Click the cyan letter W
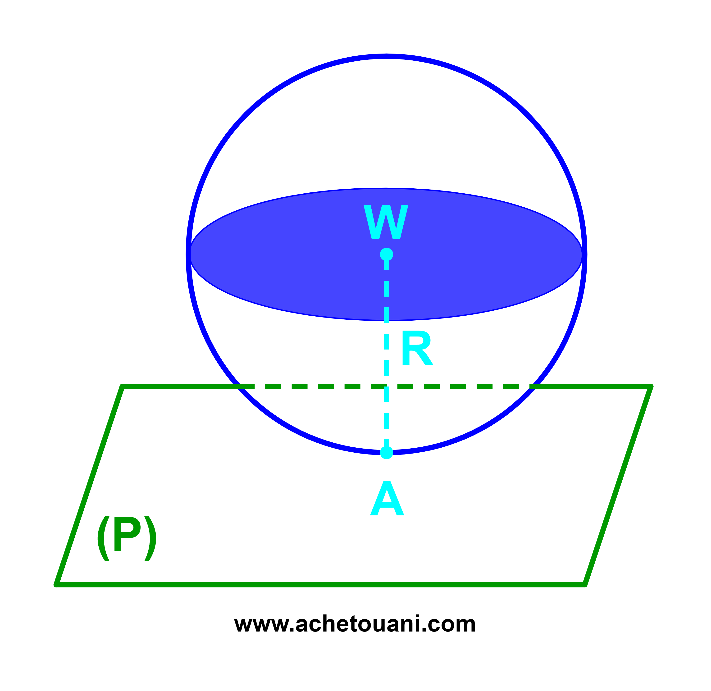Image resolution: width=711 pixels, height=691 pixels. point(386,222)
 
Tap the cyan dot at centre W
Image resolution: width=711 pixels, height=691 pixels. point(387,255)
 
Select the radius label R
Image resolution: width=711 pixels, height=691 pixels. point(417,348)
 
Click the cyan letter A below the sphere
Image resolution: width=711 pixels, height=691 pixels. point(387,498)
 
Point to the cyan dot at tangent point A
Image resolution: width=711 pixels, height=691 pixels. point(387,453)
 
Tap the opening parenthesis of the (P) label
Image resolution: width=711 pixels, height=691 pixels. point(103,539)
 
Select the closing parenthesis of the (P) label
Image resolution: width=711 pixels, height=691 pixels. point(150,539)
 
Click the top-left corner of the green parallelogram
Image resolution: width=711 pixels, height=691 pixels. point(122,386)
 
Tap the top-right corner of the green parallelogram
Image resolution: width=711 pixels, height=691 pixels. point(651,386)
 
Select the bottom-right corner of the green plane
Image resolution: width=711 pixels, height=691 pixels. point(585,585)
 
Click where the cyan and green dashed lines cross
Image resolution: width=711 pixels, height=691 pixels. point(387,386)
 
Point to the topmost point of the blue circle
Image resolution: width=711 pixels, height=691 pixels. point(387,56)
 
